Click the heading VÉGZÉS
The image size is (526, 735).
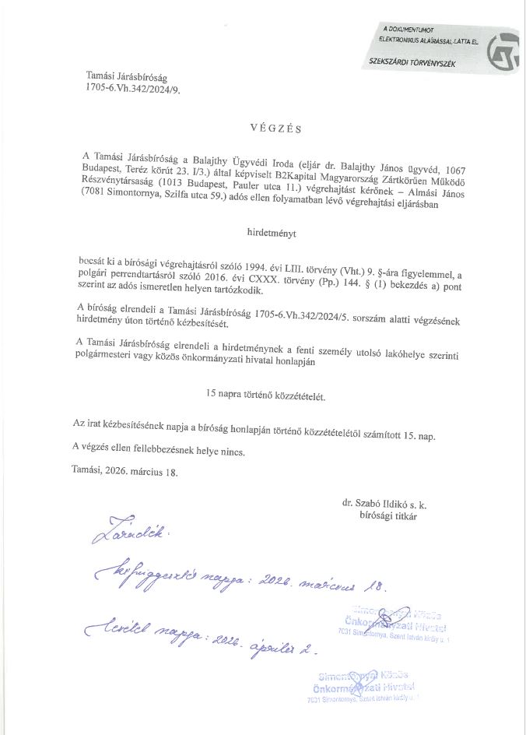[x=274, y=127]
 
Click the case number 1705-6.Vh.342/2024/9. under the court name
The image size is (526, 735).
[x=134, y=90]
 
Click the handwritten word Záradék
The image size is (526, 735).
[x=122, y=536]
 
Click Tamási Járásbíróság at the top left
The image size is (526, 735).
[x=127, y=78]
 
